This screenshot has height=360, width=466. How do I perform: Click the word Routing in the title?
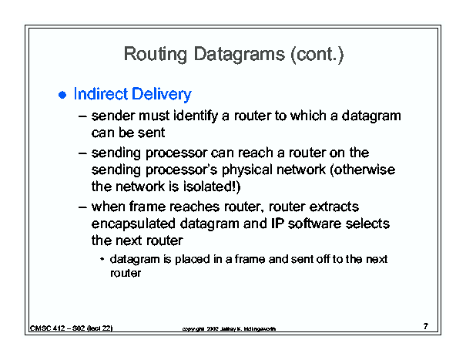(156, 55)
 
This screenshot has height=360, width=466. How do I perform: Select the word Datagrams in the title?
(240, 55)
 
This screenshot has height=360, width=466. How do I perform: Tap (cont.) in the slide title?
(317, 54)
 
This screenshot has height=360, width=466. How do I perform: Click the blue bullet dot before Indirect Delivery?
(62, 95)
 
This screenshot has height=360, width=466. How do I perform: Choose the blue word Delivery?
(162, 95)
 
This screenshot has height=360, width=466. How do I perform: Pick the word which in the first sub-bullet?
(308, 116)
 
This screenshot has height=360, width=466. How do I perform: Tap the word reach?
(255, 153)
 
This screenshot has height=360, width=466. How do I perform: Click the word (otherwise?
(363, 170)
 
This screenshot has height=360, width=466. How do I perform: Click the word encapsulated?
(133, 224)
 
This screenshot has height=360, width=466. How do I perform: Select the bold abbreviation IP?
(277, 224)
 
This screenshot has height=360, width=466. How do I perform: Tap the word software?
(314, 224)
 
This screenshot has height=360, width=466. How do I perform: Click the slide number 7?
(426, 326)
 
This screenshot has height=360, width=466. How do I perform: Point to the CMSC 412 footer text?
(72, 328)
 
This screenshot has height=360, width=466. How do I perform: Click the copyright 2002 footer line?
(229, 328)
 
